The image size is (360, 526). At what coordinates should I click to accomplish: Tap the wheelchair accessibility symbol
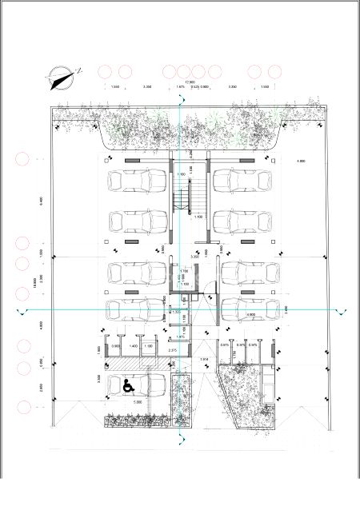[127, 385]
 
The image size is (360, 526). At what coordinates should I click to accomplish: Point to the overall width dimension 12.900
[190, 82]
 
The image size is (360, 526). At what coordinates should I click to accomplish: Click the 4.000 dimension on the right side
[300, 161]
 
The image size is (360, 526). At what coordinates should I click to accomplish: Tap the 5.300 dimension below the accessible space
[138, 401]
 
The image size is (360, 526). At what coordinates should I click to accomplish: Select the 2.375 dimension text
[172, 350]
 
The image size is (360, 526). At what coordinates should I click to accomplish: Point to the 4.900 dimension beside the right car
[250, 315]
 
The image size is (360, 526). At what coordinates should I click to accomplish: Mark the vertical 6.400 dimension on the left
[40, 200]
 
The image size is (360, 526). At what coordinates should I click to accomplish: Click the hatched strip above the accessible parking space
[137, 364]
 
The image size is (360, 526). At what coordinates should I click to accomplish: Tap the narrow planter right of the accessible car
[182, 400]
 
